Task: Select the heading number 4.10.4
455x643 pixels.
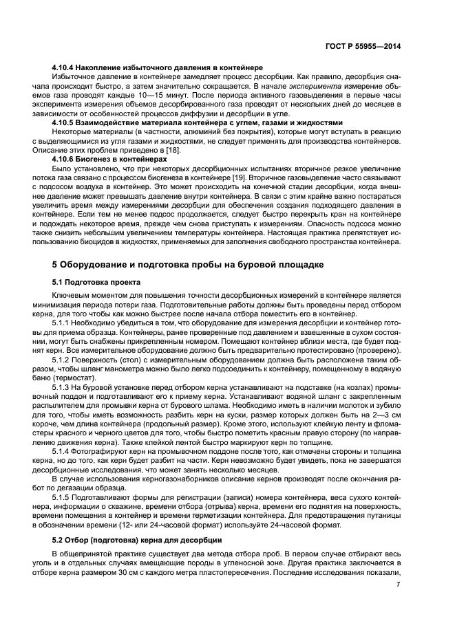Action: pyautogui.click(x=66, y=68)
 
